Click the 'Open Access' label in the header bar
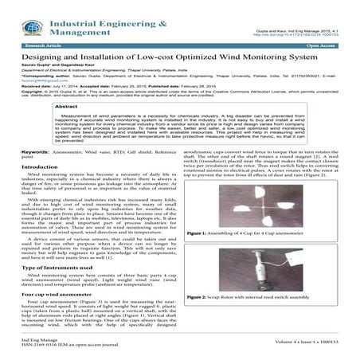click(325, 46)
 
